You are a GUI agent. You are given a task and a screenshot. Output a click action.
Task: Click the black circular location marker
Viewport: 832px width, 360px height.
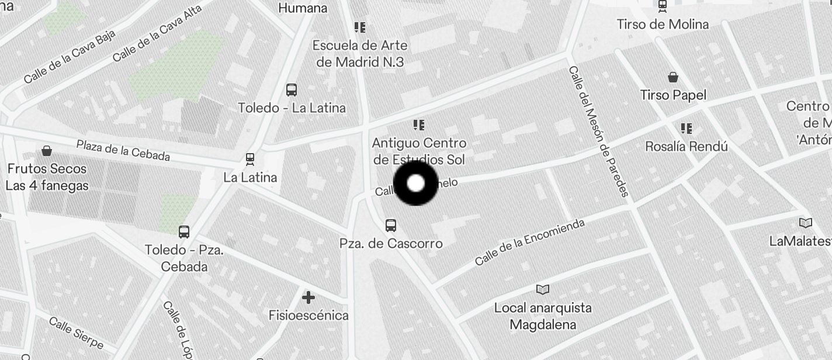click(415, 184)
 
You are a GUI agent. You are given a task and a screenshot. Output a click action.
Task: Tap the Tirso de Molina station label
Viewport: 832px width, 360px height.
click(663, 25)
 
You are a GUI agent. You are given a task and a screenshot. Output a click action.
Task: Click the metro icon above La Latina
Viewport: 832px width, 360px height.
click(250, 159)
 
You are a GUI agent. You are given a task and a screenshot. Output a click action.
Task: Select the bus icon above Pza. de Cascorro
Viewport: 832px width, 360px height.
click(391, 225)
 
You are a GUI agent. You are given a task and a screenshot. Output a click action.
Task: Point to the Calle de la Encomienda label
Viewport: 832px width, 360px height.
click(529, 242)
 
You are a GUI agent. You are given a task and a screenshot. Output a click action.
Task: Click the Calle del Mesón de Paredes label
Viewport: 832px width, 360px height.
click(598, 131)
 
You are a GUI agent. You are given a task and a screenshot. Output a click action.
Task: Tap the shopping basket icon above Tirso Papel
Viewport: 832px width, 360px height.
click(673, 77)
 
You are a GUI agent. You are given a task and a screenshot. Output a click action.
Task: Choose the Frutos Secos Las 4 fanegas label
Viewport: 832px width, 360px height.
click(47, 177)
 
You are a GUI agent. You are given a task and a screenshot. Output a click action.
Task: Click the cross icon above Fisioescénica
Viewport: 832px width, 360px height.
click(308, 297)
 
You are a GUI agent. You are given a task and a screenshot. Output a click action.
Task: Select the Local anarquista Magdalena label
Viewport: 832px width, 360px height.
click(543, 316)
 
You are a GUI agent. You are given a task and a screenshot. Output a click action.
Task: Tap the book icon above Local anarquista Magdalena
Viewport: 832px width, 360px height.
click(543, 289)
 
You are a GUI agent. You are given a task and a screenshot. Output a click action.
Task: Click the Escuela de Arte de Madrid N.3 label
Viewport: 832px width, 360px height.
click(360, 53)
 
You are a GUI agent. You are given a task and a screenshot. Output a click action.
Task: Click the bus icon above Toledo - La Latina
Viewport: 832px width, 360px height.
click(291, 90)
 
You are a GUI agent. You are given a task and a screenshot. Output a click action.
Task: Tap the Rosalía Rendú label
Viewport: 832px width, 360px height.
click(686, 146)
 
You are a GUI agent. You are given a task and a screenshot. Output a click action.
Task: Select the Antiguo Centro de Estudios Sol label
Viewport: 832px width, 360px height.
click(419, 151)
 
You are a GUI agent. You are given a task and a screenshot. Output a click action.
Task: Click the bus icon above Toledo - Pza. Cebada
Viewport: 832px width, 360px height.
click(184, 231)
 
